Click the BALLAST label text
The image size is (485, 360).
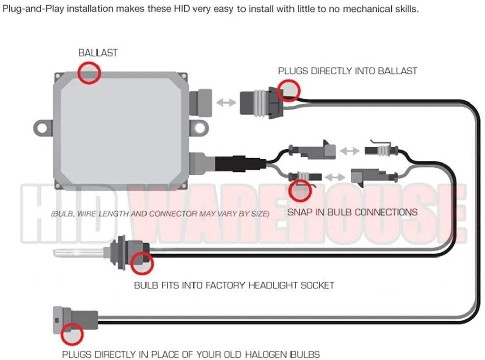[98, 53]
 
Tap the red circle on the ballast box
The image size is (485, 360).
[89, 73]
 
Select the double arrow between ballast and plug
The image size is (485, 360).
[226, 102]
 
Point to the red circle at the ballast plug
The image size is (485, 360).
[289, 90]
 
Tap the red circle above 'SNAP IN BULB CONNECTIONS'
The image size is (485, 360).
[301, 190]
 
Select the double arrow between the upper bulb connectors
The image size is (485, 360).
[349, 150]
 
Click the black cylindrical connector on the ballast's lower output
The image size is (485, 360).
[236, 164]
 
